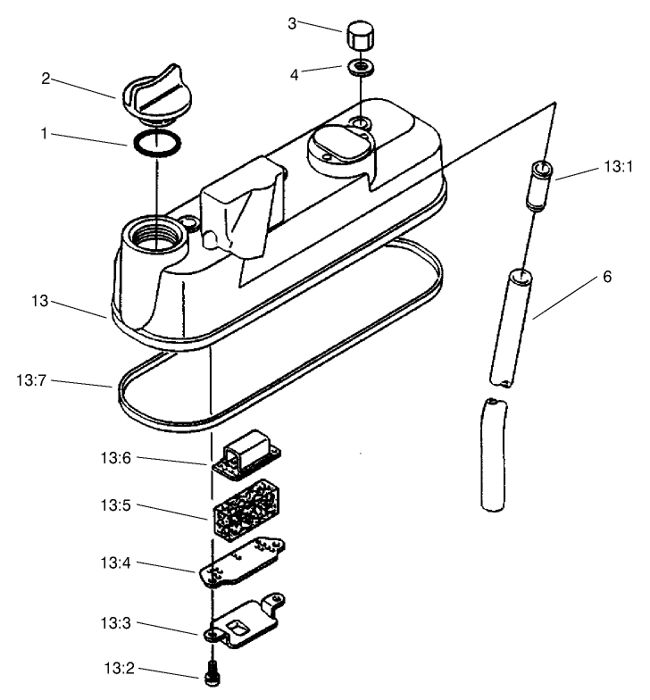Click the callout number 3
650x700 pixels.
click(291, 22)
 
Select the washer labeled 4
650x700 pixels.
click(360, 67)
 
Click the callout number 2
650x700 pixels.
click(46, 78)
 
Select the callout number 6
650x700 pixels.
click(606, 276)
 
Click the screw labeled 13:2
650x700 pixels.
click(212, 675)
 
